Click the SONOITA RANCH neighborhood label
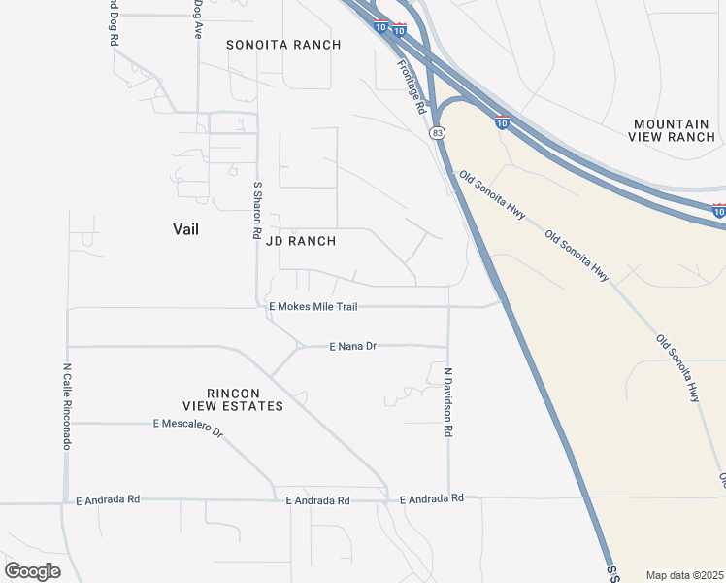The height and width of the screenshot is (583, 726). [x=283, y=45]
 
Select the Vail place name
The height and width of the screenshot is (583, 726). [x=185, y=228]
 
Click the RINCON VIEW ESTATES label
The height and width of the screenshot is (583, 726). [x=233, y=398]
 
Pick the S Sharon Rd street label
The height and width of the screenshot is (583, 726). [x=257, y=209]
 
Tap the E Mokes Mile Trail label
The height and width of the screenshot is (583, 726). [x=313, y=307]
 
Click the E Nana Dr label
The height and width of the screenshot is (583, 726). [x=352, y=346]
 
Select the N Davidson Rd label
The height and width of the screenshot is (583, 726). [x=448, y=400]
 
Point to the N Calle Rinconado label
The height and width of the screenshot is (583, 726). [x=67, y=406]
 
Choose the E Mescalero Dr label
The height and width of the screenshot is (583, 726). [x=188, y=426]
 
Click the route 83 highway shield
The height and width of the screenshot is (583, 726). [x=439, y=132]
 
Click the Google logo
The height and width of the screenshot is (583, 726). [x=32, y=571]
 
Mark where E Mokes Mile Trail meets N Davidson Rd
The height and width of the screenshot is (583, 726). [x=448, y=307]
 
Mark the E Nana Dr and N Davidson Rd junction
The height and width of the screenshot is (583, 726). [x=448, y=345]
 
